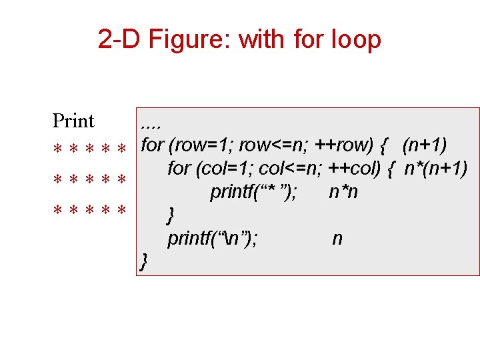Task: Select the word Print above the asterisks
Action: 73,121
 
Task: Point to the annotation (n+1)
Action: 425,145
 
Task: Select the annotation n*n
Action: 343,192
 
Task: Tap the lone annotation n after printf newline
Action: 337,238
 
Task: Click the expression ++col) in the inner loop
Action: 355,169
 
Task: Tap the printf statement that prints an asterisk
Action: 254,192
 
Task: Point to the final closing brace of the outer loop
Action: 143,261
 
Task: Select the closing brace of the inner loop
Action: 171,215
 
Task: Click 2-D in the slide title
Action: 119,40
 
